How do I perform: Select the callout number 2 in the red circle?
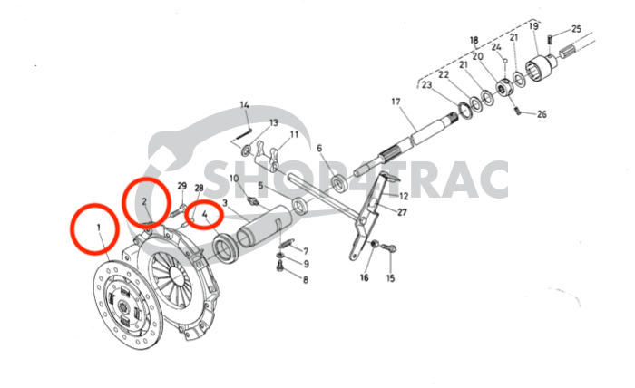(145, 200)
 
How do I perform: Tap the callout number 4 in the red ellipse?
(206, 215)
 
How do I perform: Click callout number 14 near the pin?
(244, 105)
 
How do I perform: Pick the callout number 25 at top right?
(577, 30)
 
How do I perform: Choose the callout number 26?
(542, 114)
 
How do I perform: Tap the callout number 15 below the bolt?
(391, 277)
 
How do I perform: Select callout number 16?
(364, 277)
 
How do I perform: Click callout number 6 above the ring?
(318, 148)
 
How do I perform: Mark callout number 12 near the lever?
(403, 196)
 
